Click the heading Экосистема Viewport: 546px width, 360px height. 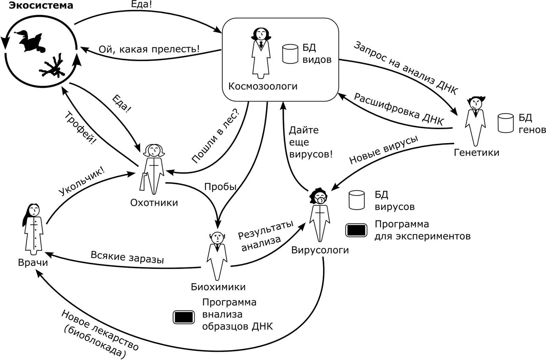[41, 6]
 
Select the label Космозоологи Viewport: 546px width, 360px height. [263, 86]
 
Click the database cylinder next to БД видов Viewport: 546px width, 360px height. [290, 54]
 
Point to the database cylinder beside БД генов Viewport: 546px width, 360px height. [505, 123]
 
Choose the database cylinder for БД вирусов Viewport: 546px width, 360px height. [357, 200]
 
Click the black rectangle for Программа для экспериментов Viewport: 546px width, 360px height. [356, 230]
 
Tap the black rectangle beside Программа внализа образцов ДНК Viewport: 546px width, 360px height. [184, 317]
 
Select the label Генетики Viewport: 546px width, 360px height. [476, 152]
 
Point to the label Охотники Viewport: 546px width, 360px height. [154, 203]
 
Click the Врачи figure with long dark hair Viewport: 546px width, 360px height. [33, 229]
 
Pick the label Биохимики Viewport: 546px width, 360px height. [218, 287]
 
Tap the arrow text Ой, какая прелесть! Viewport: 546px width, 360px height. [149, 49]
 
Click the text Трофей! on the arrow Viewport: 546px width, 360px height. [80, 128]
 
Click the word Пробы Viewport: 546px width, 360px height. [220, 187]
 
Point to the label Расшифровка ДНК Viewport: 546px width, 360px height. [398, 109]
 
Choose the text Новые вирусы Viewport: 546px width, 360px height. [383, 150]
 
